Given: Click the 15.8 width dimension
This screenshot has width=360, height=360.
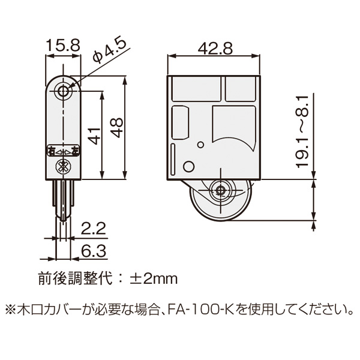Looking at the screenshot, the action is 63,45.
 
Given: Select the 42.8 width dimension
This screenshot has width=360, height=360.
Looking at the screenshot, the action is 215,49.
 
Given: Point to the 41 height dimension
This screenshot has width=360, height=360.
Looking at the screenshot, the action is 94,136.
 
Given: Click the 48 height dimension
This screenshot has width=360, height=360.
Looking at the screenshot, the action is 116,128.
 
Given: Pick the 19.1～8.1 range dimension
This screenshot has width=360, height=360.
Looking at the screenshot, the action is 303,133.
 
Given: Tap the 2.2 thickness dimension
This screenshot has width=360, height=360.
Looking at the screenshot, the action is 94,228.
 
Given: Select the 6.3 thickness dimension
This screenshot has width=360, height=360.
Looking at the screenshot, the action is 94,251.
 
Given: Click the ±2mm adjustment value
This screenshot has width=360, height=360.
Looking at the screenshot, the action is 154,279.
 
